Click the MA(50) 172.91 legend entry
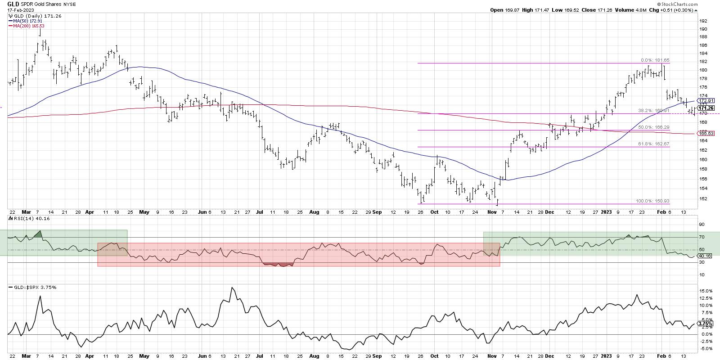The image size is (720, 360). (x=25, y=21)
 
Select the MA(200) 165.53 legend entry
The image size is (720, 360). (x=27, y=26)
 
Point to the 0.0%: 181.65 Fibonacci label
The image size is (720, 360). (x=652, y=60)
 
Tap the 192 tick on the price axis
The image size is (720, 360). (x=702, y=21)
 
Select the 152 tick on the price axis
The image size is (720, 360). (x=702, y=198)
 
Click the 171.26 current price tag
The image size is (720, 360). (x=705, y=108)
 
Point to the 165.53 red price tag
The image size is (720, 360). (x=705, y=133)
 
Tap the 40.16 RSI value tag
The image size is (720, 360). (x=705, y=256)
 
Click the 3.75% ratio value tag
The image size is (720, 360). (x=704, y=324)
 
